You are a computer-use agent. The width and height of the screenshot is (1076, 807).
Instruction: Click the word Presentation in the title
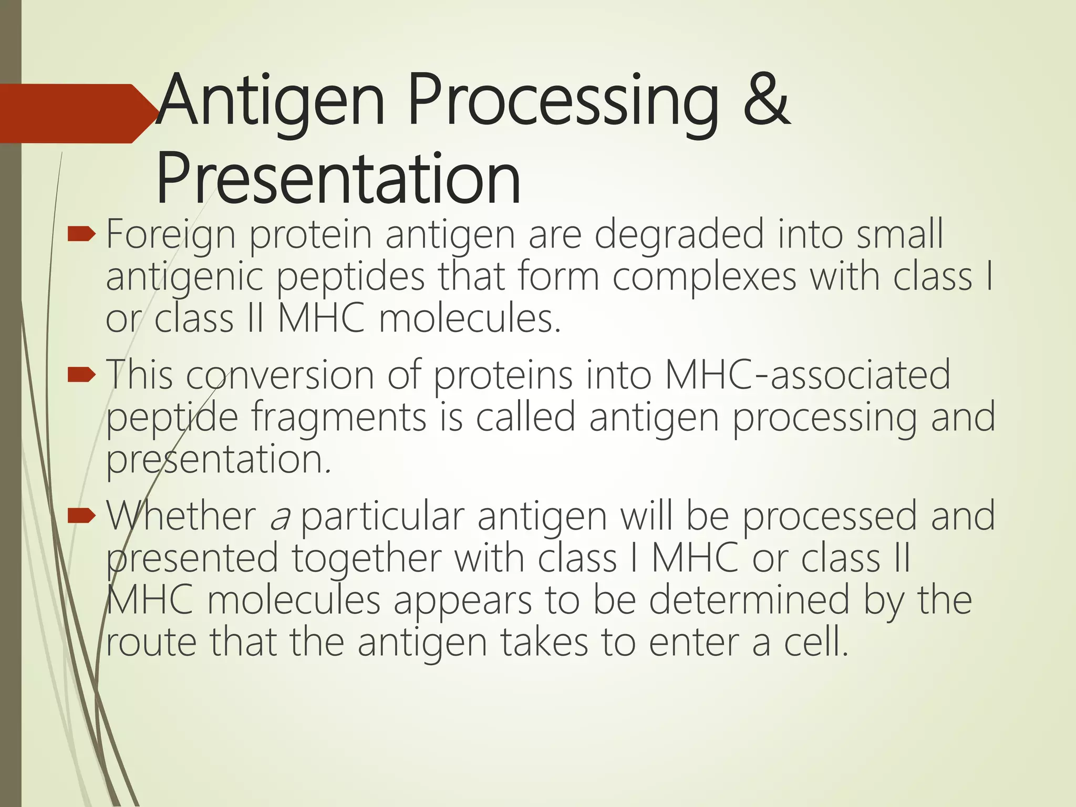pos(338,180)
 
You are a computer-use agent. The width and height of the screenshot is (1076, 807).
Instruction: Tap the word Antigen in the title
pos(271,101)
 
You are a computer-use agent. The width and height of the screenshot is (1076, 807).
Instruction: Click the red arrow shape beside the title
pos(74,113)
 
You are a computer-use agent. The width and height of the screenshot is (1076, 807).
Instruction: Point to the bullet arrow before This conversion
pos(81,375)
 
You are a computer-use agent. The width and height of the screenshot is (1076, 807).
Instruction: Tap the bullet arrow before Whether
pos(81,516)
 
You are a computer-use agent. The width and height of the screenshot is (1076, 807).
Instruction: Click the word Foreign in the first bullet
pos(171,235)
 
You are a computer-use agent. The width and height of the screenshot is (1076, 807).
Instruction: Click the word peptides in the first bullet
pos(350,277)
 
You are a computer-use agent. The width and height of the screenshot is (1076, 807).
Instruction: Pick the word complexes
pos(704,277)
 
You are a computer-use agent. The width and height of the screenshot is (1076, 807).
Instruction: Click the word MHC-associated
pos(808,375)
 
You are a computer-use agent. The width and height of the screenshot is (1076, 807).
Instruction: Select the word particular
pos(382,517)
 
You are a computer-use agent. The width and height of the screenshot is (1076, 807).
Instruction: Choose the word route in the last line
pos(151,643)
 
